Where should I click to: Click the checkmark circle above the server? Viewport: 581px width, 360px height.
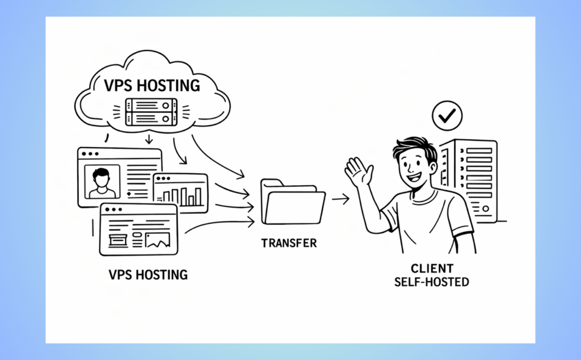pos(447,116)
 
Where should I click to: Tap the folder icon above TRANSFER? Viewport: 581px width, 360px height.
pos(292,203)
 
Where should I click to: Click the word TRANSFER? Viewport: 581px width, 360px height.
pos(289,243)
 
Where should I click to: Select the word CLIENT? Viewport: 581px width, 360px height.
pos(432,269)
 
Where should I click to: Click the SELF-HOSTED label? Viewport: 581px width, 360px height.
pos(432,282)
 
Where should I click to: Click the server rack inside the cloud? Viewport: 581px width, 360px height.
pos(151,111)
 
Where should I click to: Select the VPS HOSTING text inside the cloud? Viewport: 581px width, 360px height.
pos(152,86)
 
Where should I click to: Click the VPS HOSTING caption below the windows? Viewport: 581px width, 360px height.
pos(148,275)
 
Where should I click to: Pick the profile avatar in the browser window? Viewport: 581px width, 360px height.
pos(102,182)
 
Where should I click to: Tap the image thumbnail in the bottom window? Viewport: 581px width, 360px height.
pos(157,241)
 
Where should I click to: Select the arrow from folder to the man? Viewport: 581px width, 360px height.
pos(340,199)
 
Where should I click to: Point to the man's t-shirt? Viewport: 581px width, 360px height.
pos(423,221)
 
